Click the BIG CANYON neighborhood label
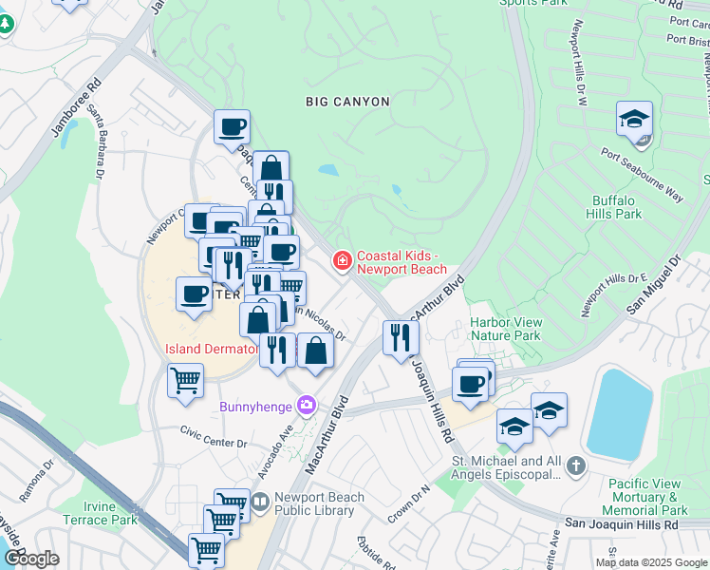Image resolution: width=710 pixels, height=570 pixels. pos(347,101)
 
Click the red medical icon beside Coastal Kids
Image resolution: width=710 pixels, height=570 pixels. pos(342,259)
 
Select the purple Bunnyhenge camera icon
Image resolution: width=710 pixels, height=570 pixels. pos(307,406)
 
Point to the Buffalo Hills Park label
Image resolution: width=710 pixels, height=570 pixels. pos(617,207)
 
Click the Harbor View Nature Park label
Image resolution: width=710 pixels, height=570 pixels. pos(505,329)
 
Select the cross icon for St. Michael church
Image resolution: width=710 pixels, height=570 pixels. pos(576,465)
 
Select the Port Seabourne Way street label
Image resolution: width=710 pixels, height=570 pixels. pos(641,173)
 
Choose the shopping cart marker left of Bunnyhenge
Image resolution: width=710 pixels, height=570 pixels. pos(185,380)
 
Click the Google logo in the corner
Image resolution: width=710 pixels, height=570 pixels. pos(31,558)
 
